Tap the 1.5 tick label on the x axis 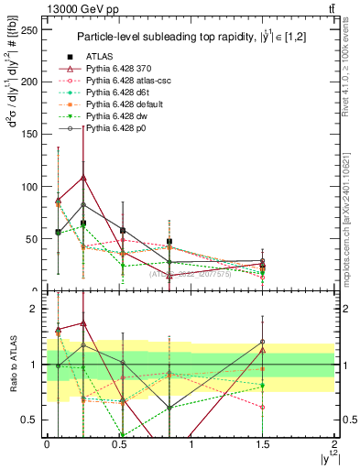point(263,444)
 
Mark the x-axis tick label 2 point(335,444)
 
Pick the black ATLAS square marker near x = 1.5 point(263,266)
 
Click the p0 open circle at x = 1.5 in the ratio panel point(263,342)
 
